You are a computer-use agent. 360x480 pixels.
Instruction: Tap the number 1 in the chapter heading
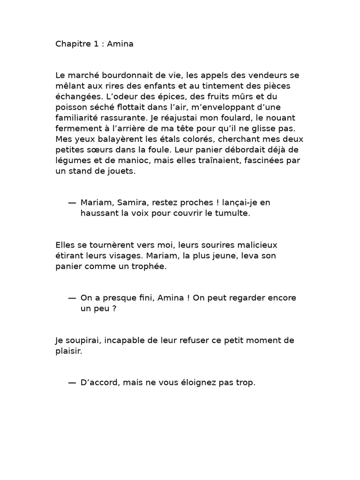point(96,45)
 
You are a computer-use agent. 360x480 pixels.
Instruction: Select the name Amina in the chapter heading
point(120,45)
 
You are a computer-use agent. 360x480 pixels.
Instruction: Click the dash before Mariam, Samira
point(72,202)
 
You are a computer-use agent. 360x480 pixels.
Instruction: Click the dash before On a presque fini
point(72,298)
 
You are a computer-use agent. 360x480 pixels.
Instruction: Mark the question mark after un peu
point(113,308)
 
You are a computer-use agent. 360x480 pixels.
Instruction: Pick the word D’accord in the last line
point(98,382)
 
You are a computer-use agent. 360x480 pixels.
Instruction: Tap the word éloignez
point(197,382)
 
